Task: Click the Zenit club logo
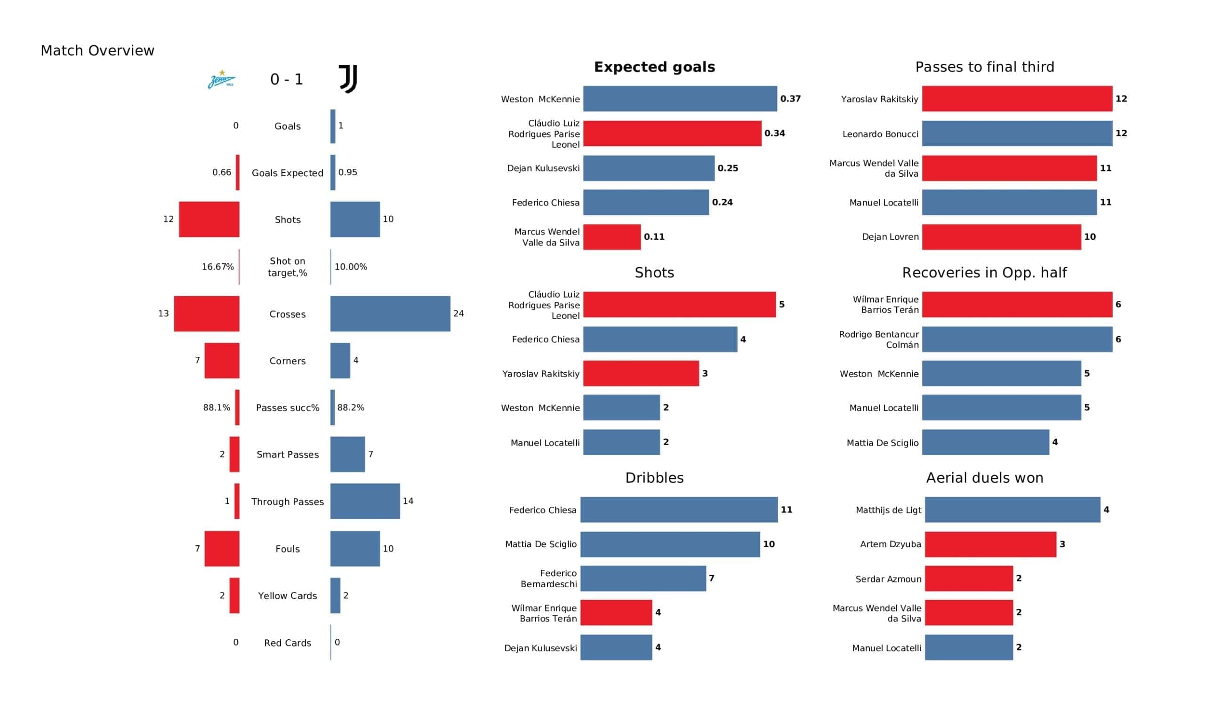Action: (221, 79)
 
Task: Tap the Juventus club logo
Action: (348, 79)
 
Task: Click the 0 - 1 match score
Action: (287, 79)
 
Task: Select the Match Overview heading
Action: (97, 51)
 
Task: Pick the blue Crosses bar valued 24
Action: (390, 314)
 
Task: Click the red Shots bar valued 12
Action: (209, 219)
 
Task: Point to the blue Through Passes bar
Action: (365, 501)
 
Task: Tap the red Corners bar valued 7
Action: (222, 361)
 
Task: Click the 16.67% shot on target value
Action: (217, 267)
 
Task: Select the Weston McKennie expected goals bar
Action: (680, 99)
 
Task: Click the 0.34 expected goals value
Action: (774, 134)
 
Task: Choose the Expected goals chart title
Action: (654, 67)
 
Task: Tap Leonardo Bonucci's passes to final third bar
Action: (1017, 134)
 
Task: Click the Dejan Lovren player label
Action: (890, 237)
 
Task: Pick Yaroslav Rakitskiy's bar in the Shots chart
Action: (641, 374)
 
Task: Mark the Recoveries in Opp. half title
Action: (984, 273)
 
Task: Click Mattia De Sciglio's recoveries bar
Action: (985, 442)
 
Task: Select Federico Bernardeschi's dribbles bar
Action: (643, 579)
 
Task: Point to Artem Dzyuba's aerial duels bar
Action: (990, 544)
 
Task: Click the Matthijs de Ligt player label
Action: (888, 510)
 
